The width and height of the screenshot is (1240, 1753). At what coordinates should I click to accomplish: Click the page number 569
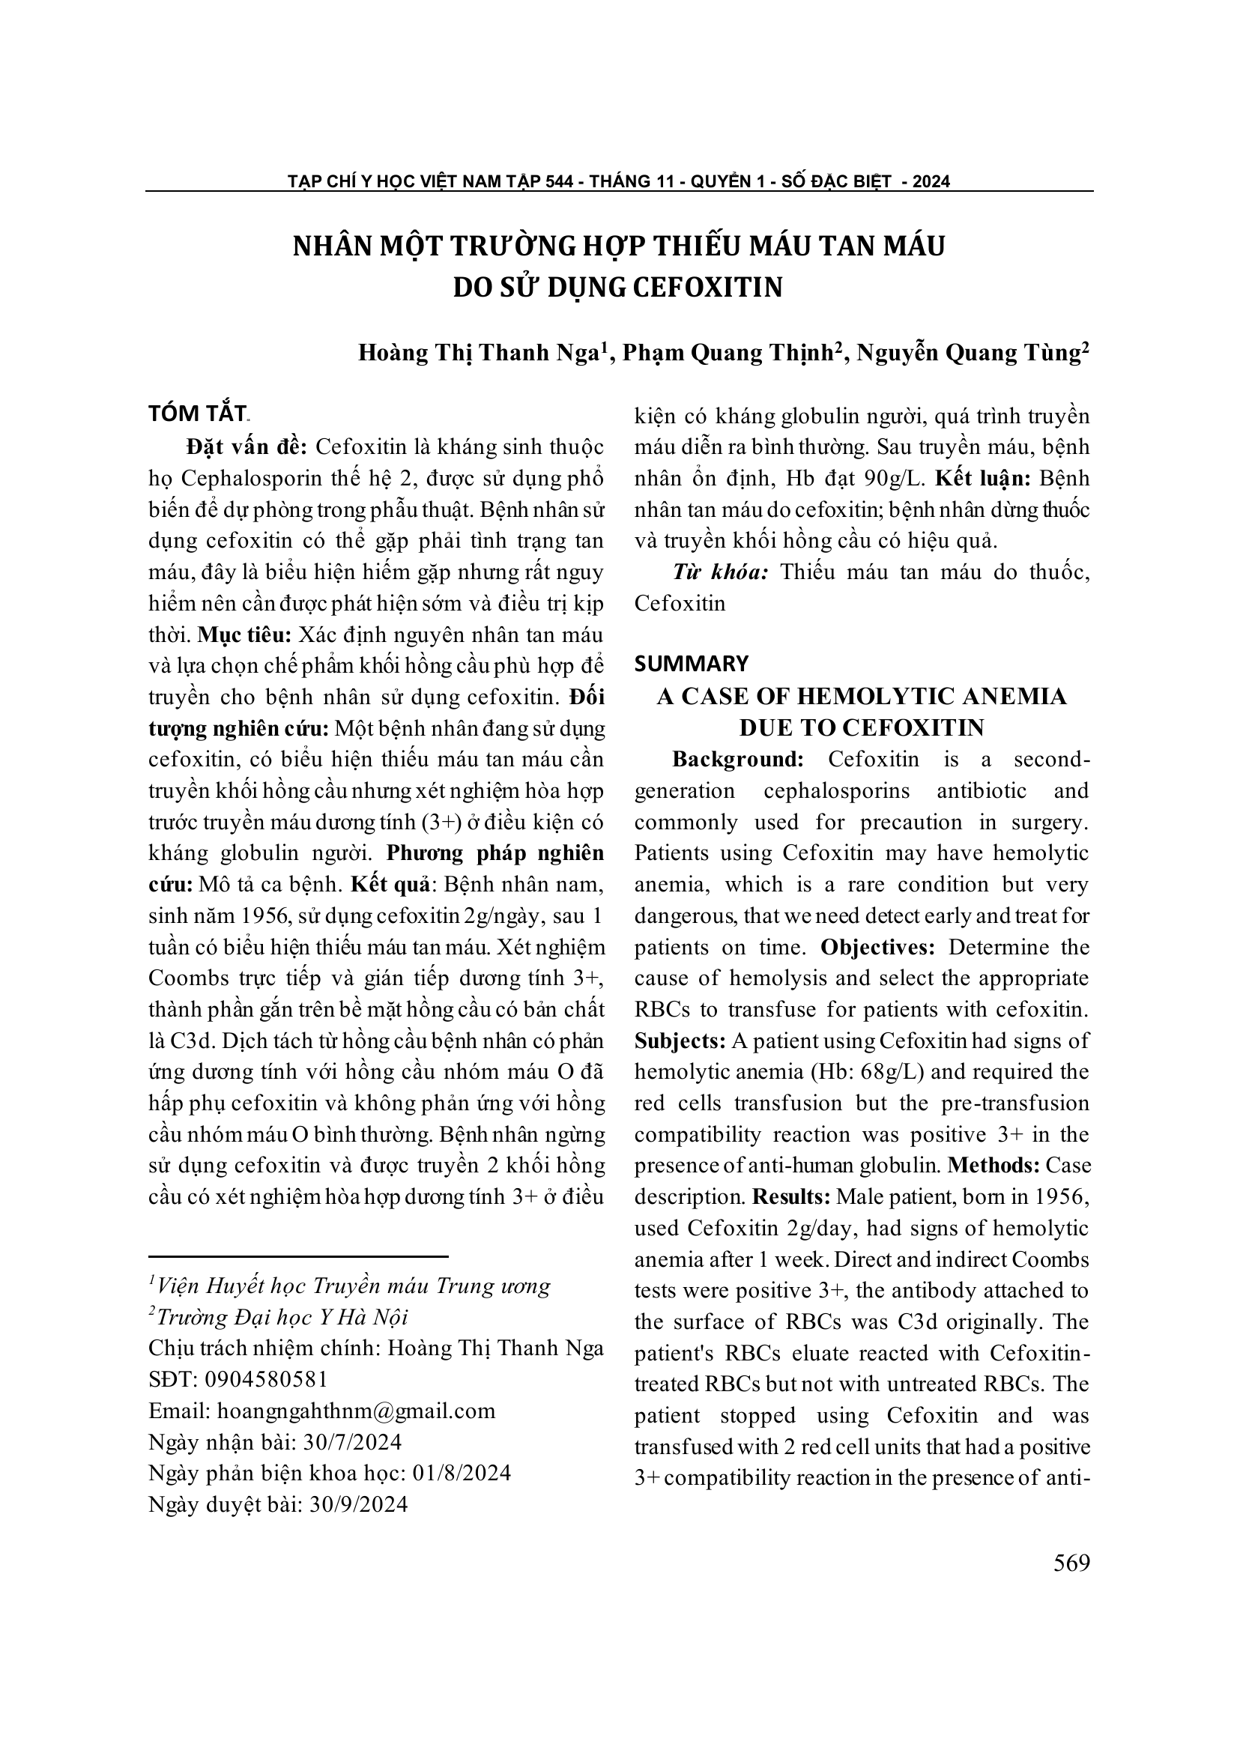coord(1071,1563)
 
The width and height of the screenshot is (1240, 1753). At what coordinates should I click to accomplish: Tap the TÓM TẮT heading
coord(197,413)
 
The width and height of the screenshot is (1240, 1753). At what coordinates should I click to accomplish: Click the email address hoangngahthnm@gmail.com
coord(356,1411)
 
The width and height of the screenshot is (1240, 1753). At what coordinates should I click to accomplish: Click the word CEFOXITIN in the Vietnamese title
coord(709,287)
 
